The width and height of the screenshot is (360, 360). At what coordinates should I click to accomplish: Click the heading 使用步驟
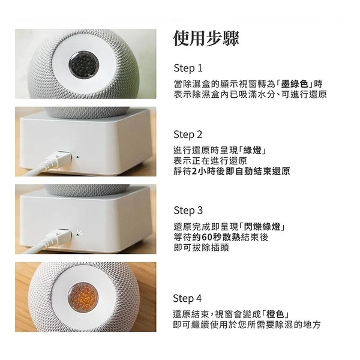(x=206, y=39)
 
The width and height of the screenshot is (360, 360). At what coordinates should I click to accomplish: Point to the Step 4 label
(x=188, y=298)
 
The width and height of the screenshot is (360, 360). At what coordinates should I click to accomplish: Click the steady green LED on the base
(x=77, y=159)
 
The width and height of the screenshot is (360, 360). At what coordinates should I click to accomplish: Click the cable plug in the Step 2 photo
(x=60, y=159)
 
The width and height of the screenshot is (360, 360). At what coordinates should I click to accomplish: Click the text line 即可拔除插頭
(x=202, y=247)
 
